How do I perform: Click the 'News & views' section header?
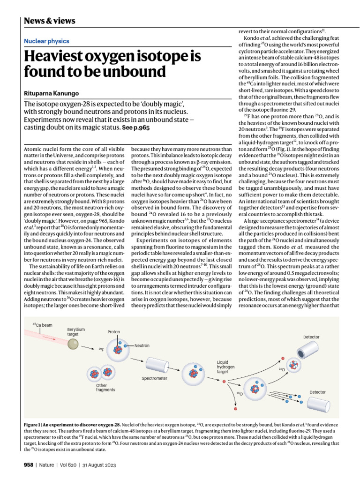click(49, 21)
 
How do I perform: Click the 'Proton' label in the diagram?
click(113, 331)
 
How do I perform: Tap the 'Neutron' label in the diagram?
click(142, 345)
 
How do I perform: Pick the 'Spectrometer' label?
click(154, 378)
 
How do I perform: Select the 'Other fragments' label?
click(105, 388)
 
